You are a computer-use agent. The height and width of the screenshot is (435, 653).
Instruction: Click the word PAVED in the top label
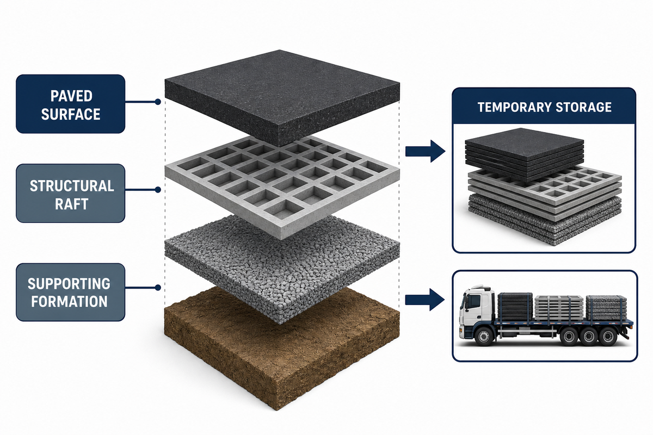tap(71, 96)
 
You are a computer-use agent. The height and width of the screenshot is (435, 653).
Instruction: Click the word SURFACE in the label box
tap(71, 114)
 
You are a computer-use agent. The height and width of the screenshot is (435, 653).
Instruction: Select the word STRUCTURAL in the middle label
tap(72, 186)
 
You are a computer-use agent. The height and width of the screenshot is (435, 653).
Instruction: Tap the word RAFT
tap(71, 204)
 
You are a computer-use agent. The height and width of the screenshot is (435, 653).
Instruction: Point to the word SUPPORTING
tap(69, 283)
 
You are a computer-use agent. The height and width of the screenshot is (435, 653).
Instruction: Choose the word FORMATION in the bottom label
tap(70, 301)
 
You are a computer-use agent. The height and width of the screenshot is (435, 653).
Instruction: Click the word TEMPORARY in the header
tap(515, 107)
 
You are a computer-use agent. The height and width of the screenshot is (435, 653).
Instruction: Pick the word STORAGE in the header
tap(583, 107)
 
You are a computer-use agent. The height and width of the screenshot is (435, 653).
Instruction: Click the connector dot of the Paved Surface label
tap(158, 102)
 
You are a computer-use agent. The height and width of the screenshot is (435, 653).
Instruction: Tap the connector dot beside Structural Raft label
tap(158, 190)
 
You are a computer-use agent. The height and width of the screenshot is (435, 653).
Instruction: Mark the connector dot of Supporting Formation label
tap(158, 288)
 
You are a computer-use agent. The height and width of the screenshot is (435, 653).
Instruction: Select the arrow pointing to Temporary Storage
tap(426, 151)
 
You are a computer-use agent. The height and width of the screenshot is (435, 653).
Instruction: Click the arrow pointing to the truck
tap(425, 300)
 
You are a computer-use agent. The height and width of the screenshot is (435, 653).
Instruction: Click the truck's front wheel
tap(484, 337)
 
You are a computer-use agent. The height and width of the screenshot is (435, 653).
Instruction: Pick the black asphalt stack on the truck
tap(515, 307)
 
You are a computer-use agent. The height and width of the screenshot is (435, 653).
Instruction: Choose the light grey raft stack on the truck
tap(559, 308)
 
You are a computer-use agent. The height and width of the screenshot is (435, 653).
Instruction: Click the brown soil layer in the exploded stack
tap(282, 350)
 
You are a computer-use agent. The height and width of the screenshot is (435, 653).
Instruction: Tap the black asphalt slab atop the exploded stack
tap(282, 98)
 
